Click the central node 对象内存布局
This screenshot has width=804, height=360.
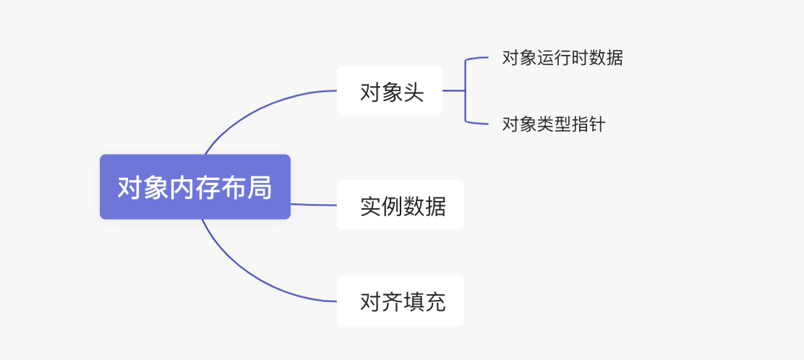tap(194, 187)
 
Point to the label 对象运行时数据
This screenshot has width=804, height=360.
tap(562, 58)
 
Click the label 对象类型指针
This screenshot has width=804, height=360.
tap(553, 124)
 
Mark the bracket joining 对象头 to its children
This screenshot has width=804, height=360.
tap(466, 90)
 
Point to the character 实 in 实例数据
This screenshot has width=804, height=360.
tap(370, 206)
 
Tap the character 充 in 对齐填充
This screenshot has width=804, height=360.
tap(435, 301)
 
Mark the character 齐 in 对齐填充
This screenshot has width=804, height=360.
tap(392, 301)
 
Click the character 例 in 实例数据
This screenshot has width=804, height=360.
tap(392, 206)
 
